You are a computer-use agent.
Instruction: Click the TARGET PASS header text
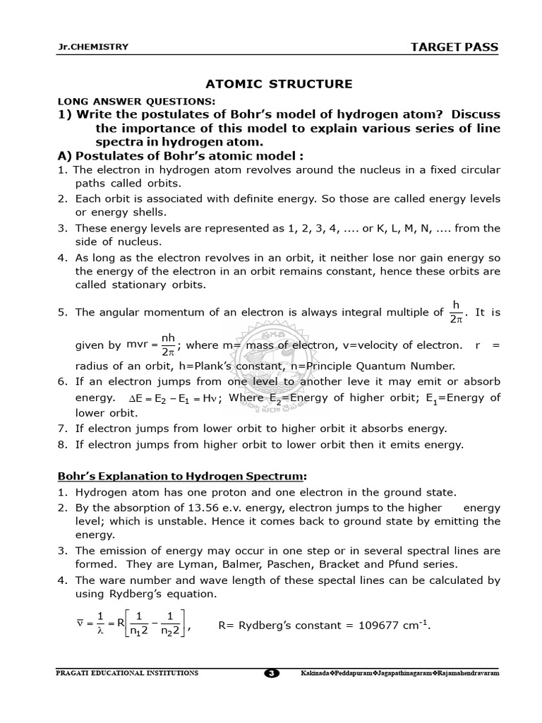tap(454, 47)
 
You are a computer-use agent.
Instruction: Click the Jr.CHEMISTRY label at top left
tap(93, 47)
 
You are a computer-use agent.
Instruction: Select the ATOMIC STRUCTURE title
tap(278, 84)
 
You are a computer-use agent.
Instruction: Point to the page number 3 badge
tap(271, 673)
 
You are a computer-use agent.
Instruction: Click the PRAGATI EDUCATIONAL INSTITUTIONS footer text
tap(127, 673)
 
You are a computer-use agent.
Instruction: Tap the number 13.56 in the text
tap(175, 508)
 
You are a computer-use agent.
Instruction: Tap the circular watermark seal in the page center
tap(271, 367)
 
